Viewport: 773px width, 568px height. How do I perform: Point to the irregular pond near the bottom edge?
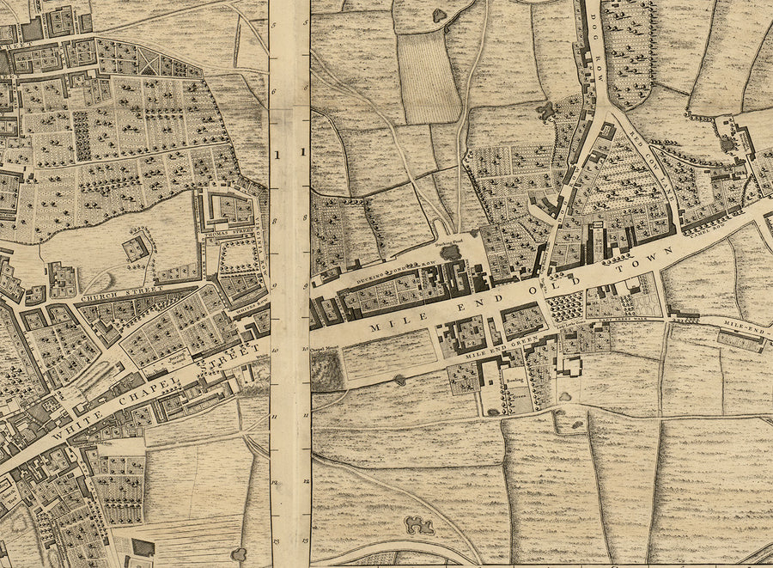[x=420, y=524]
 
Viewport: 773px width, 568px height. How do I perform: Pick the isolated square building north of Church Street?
[x=136, y=249]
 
